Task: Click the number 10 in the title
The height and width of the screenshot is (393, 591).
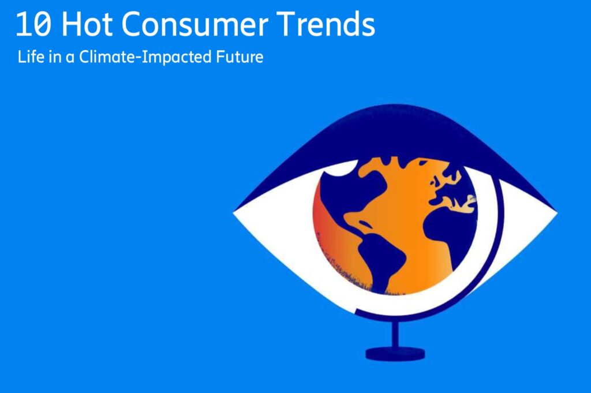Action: (33, 24)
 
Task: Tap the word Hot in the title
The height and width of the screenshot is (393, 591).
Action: (87, 24)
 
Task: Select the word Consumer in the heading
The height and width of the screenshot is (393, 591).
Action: (195, 24)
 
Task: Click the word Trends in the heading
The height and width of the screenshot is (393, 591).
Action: (326, 24)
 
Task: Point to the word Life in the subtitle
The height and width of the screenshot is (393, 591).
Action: (31, 57)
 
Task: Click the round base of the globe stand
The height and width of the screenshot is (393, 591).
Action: (395, 353)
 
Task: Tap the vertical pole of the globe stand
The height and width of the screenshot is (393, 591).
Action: (395, 333)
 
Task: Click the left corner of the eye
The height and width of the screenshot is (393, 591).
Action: (234, 212)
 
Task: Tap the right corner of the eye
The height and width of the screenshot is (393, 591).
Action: (557, 214)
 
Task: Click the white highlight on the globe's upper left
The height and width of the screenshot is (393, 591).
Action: (341, 169)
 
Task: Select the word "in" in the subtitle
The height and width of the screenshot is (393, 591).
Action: (55, 57)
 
